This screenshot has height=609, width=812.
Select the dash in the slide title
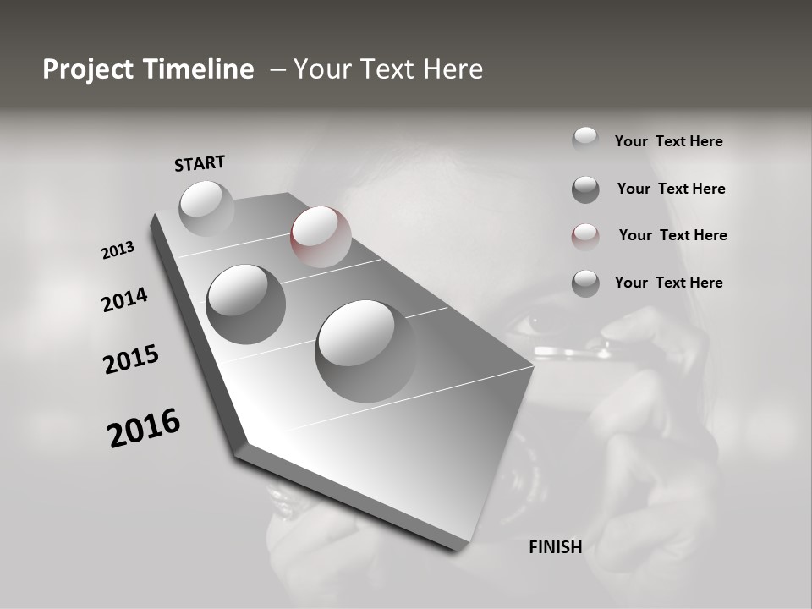277,69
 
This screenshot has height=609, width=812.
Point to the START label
200,163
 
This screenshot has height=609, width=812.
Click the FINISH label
555,547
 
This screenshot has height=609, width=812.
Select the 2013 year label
118,250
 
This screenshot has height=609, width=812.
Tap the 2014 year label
124,299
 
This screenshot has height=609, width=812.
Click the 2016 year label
144,428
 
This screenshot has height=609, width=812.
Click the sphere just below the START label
206,208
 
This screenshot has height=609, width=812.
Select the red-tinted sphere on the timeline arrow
320,236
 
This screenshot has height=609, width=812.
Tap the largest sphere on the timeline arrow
365,350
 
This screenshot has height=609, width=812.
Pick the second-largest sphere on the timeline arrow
245,304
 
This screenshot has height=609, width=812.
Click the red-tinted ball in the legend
585,237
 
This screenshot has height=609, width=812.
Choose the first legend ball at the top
585,140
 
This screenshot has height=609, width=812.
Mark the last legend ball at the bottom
585,283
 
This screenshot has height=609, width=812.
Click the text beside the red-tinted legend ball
672,235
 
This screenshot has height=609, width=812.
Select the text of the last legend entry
668,283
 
